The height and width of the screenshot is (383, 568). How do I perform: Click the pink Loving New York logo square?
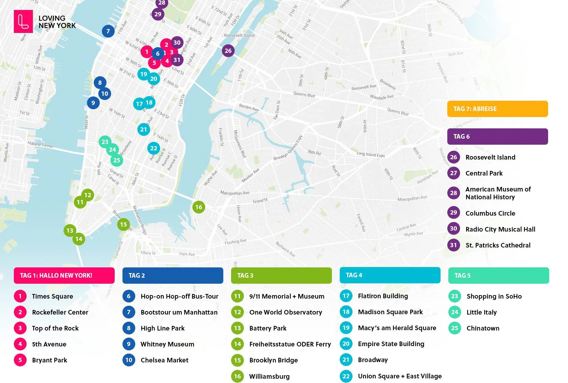pyautogui.click(x=23, y=21)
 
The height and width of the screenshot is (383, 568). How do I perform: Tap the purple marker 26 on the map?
pyautogui.click(x=228, y=51)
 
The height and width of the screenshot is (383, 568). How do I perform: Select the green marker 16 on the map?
pyautogui.click(x=198, y=207)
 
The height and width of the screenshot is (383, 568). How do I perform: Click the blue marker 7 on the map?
pyautogui.click(x=108, y=31)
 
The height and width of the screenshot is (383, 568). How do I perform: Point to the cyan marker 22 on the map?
pyautogui.click(x=153, y=148)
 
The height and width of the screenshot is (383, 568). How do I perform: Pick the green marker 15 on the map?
pyautogui.click(x=123, y=224)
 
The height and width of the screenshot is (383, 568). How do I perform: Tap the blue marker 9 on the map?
pyautogui.click(x=93, y=103)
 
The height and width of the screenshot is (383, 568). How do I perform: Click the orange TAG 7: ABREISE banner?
pyautogui.click(x=497, y=109)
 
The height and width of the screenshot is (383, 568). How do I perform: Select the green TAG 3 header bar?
pyautogui.click(x=281, y=276)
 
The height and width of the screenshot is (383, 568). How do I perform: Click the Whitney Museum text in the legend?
pyautogui.click(x=167, y=344)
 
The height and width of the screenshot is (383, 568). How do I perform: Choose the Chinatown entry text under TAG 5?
pyautogui.click(x=483, y=328)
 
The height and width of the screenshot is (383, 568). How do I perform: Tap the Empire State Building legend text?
pyautogui.click(x=391, y=344)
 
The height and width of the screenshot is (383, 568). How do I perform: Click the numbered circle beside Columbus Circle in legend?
pyautogui.click(x=453, y=213)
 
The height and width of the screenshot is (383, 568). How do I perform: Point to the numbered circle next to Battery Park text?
pyautogui.click(x=237, y=328)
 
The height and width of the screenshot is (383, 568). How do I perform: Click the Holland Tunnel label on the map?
pyautogui.click(x=40, y=145)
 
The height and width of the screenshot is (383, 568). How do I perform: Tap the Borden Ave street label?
pyautogui.click(x=248, y=107)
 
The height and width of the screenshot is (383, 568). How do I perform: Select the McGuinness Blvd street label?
pyautogui.click(x=240, y=144)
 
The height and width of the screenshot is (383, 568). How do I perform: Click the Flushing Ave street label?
pyautogui.click(x=235, y=242)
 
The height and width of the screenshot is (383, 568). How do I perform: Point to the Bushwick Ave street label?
pyautogui.click(x=285, y=249)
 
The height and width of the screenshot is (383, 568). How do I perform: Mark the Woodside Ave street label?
pyautogui.click(x=382, y=97)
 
